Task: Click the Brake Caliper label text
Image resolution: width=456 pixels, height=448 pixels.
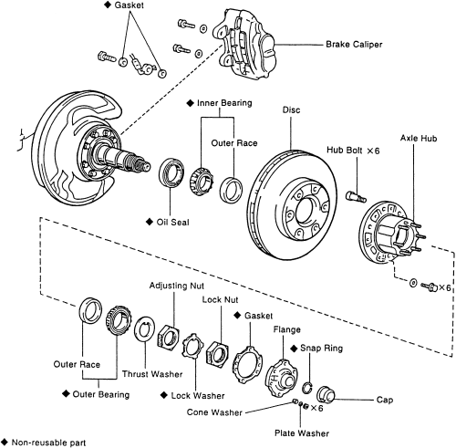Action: (354, 45)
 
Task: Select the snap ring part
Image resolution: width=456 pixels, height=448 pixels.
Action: (307, 388)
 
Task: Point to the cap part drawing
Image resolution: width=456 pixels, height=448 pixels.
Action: (325, 395)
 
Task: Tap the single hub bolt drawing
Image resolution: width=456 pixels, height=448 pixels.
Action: (356, 196)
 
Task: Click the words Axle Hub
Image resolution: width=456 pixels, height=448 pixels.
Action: (419, 138)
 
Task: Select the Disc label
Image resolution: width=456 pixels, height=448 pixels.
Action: (291, 109)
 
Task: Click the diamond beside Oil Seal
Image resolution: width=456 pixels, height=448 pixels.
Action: (150, 222)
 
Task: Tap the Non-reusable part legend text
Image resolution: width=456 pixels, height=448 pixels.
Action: (48, 443)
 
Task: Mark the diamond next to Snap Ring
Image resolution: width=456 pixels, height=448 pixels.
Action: (294, 349)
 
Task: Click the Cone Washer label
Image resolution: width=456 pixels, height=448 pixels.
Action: (214, 412)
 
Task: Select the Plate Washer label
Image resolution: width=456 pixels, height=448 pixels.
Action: (302, 433)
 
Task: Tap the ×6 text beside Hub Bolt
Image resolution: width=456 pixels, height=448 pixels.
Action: (373, 151)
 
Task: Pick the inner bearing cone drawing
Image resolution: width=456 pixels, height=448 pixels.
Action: (202, 182)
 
